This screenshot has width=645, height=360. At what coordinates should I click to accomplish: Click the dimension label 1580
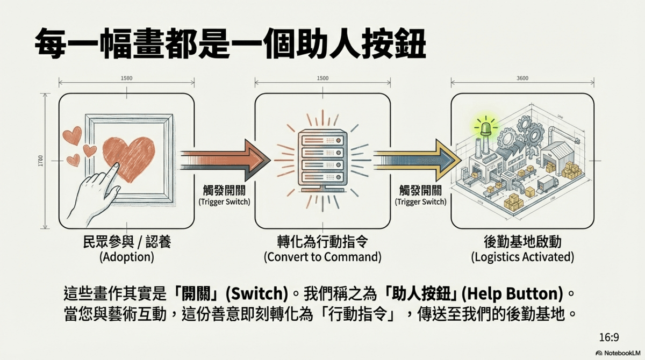[x=127, y=78]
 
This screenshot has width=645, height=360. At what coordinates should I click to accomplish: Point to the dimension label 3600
[x=521, y=78]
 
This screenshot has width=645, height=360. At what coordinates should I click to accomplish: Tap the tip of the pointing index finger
[x=116, y=165]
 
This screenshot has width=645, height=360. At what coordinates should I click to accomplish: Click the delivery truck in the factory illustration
[x=547, y=183]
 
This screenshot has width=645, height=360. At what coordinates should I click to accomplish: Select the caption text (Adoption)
[x=127, y=257]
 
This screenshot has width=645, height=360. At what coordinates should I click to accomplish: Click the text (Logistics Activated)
[x=522, y=257]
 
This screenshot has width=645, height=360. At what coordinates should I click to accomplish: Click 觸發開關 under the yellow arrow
[x=420, y=190]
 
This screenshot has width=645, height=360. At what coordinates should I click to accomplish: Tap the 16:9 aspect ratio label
[x=610, y=337]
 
